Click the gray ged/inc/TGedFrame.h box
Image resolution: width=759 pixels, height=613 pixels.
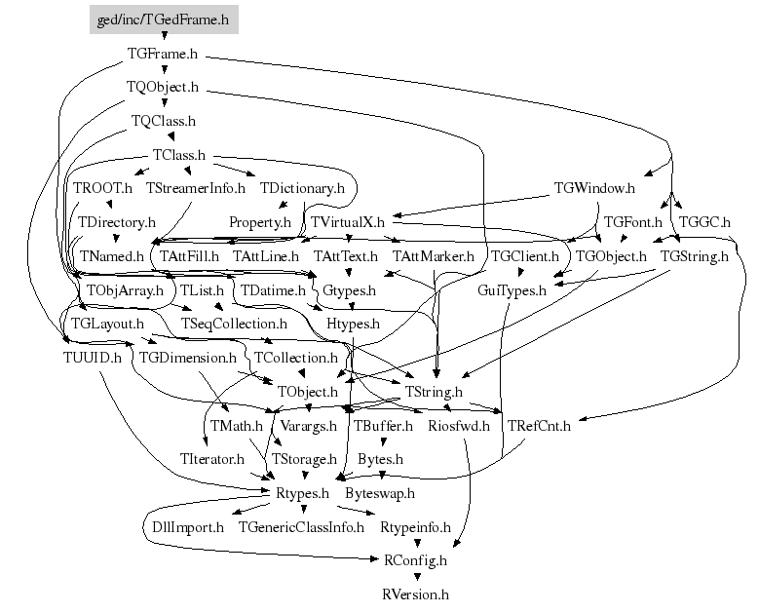pyautogui.click(x=164, y=19)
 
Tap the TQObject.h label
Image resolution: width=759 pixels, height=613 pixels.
pyautogui.click(x=164, y=87)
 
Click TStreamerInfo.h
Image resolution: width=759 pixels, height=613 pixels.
pyautogui.click(x=196, y=187)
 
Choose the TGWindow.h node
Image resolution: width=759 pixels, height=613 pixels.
pyautogui.click(x=594, y=187)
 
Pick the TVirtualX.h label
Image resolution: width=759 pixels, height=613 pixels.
pyautogui.click(x=348, y=221)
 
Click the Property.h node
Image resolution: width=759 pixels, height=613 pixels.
pyautogui.click(x=260, y=222)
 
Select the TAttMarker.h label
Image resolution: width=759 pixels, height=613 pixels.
pyautogui.click(x=434, y=256)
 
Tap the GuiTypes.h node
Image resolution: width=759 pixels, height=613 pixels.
pyautogui.click(x=512, y=290)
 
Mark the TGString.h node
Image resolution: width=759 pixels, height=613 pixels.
pyautogui.click(x=694, y=256)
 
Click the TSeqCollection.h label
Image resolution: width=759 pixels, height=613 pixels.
pyautogui.click(x=235, y=323)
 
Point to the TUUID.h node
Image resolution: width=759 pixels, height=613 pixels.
pyautogui.click(x=91, y=357)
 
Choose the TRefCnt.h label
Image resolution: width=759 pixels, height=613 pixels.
pyautogui.click(x=538, y=425)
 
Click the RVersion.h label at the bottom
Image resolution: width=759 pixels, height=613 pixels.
pyautogui.click(x=416, y=594)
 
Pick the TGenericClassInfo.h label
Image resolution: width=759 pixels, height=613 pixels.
pyautogui.click(x=300, y=527)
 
